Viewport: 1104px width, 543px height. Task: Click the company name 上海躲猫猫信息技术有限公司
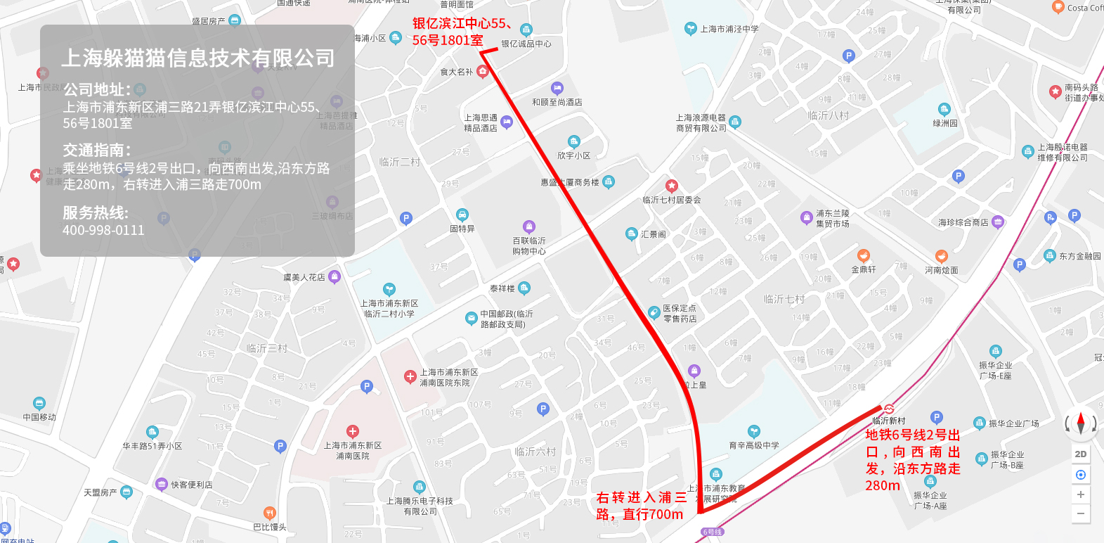coord(197,58)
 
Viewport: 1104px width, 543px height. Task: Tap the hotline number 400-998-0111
coord(103,230)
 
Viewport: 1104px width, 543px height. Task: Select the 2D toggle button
coord(1081,454)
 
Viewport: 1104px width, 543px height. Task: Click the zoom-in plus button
coord(1081,494)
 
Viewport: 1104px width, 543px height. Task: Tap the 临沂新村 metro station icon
coord(889,409)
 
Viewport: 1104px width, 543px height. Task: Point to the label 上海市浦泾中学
coord(729,29)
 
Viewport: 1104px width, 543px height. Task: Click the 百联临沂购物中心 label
coord(529,245)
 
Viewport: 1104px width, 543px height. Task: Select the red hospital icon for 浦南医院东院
coord(410,377)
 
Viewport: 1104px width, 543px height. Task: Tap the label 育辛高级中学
coord(754,445)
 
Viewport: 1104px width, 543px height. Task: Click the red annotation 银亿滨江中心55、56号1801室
coord(462,32)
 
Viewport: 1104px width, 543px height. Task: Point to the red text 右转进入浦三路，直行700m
coord(641,506)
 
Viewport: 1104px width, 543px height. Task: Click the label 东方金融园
coord(1080,256)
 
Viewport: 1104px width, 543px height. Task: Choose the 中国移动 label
coord(39,417)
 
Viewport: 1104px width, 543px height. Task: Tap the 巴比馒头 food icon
coord(269,513)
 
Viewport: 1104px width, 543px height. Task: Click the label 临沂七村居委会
coord(671,200)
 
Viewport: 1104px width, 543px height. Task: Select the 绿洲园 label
coord(945,123)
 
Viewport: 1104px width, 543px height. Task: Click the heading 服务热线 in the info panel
coord(96,212)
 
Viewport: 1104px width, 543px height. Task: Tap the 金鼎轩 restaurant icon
coord(864,256)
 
